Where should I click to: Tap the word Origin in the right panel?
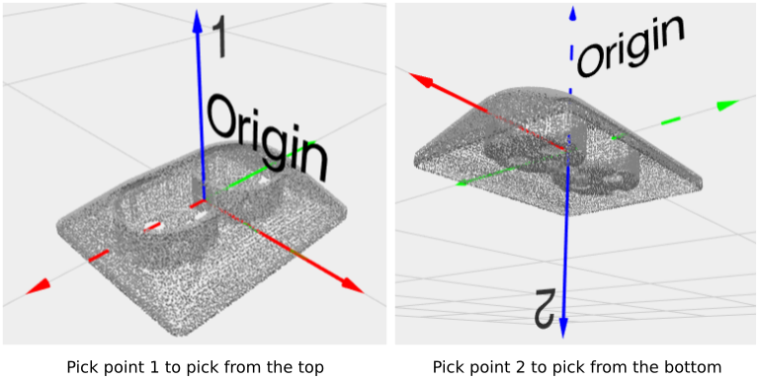tap(630, 46)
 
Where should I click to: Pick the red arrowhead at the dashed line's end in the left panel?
tap(38, 286)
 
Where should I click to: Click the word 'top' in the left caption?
tap(308, 367)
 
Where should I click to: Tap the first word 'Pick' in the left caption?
tap(82, 367)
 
